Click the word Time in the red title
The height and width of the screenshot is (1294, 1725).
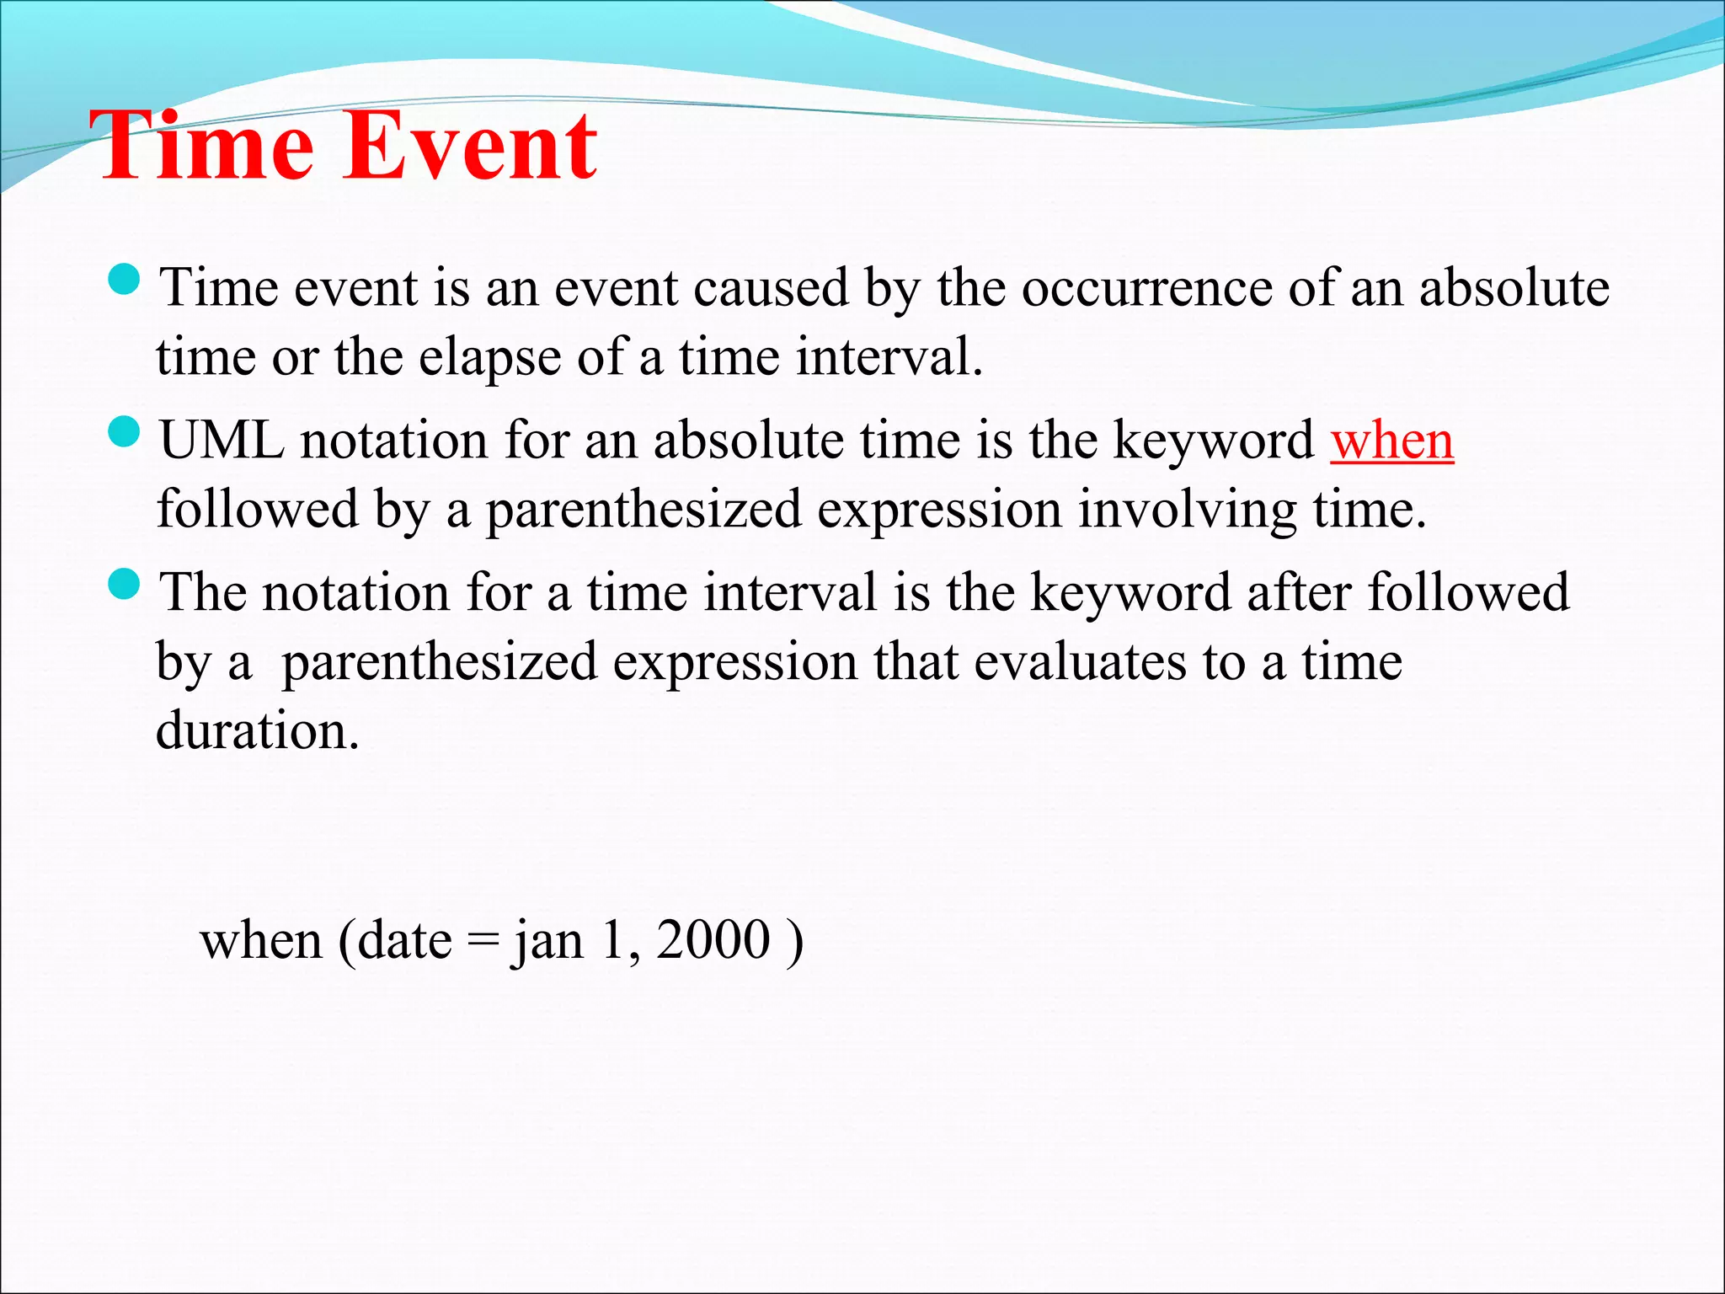pyautogui.click(x=202, y=147)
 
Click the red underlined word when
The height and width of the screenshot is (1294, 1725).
pyautogui.click(x=1391, y=441)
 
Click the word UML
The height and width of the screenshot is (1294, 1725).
pyautogui.click(x=222, y=441)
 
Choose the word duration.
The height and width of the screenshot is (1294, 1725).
pyautogui.click(x=257, y=730)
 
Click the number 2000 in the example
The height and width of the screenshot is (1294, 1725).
pyautogui.click(x=713, y=940)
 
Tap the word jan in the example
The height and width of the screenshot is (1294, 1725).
pyautogui.click(x=547, y=942)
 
